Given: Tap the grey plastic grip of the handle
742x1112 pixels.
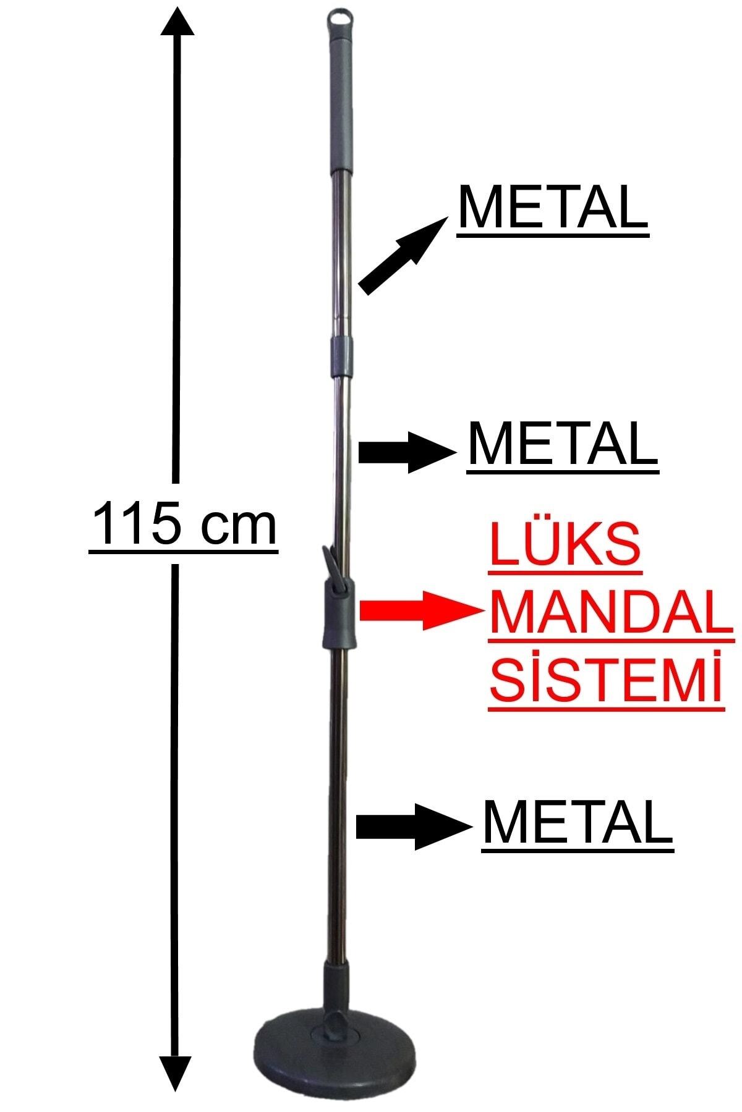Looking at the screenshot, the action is [x=343, y=99].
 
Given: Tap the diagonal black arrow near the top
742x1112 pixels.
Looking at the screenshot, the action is [x=403, y=256].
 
